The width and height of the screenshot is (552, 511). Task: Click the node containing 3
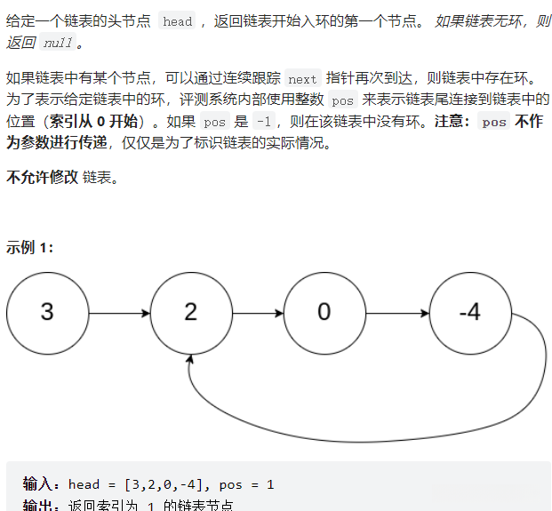point(47,312)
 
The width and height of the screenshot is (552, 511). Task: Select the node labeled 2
point(190,312)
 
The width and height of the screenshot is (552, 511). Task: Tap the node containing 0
point(324,312)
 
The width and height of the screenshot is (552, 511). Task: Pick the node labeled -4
point(469,312)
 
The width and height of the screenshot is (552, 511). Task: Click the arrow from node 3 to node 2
point(119,313)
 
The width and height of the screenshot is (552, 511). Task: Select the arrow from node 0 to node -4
point(396,313)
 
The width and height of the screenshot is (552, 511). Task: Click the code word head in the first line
point(178,21)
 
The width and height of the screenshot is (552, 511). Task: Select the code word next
point(302,79)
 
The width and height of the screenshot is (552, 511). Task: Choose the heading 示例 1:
point(30,247)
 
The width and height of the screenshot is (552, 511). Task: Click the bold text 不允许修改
point(41,177)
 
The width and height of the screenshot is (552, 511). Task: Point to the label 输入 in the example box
point(41,484)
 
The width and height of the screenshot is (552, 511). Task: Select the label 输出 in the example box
point(41,505)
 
